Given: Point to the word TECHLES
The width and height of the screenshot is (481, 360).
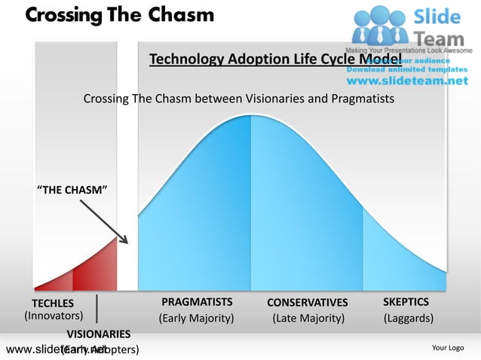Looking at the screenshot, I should pos(52,303).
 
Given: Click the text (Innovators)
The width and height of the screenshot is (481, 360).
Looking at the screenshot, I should pos(54,316).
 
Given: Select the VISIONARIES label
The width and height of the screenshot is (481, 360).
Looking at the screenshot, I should pos(98,334).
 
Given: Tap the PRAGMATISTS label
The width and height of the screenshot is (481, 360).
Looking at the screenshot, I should pos(196,302).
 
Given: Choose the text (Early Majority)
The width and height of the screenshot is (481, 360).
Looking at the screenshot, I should pos(196,318).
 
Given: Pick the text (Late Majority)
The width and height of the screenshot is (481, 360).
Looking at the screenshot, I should pos(308,318).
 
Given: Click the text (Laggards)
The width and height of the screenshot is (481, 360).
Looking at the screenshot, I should pos(408,318).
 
